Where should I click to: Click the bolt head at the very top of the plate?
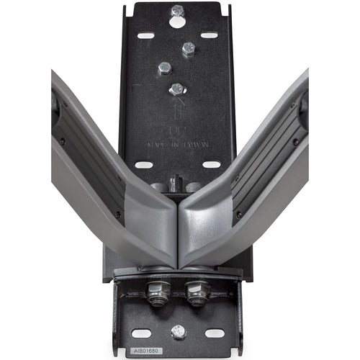[x=177, y=10]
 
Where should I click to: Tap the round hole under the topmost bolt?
[x=177, y=22]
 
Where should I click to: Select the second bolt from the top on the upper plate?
[x=189, y=49]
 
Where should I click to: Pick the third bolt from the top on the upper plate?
[x=165, y=68]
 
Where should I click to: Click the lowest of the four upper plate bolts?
[x=176, y=89]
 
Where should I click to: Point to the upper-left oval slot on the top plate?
[x=146, y=35]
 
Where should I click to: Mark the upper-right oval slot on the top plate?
[x=209, y=35]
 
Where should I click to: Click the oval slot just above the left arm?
[x=144, y=164]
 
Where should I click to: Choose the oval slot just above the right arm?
[x=210, y=164]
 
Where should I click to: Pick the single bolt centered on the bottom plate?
[x=178, y=331]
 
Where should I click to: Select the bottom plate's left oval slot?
[x=142, y=333]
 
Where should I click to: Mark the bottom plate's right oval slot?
[x=214, y=333]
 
